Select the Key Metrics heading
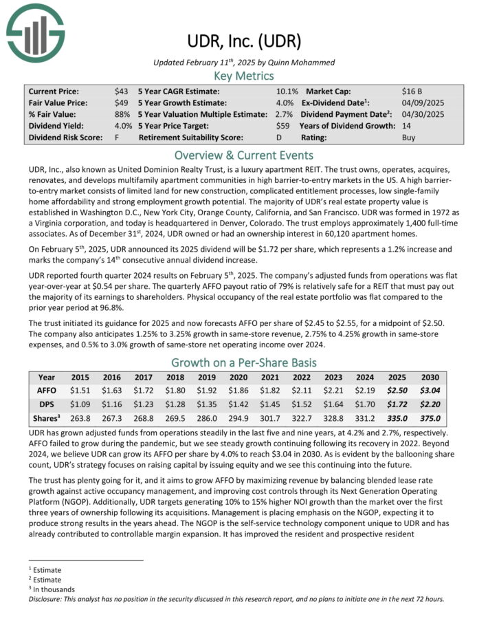click(243, 76)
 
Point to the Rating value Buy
click(408, 138)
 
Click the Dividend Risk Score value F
click(118, 138)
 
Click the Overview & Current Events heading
click(243, 155)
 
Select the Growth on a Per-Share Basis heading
click(243, 363)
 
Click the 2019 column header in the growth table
click(207, 378)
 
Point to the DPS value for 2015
click(80, 404)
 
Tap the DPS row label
click(47, 404)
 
